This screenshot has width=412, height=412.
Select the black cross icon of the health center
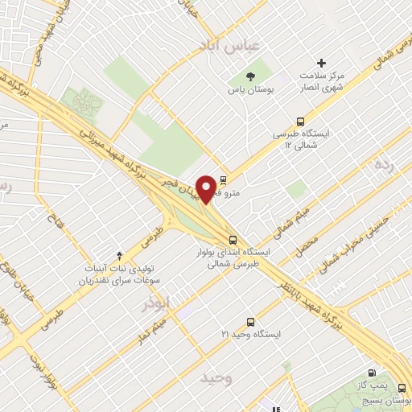coord(322,63)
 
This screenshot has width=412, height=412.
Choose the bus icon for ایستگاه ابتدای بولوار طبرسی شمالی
coord(233,239)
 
